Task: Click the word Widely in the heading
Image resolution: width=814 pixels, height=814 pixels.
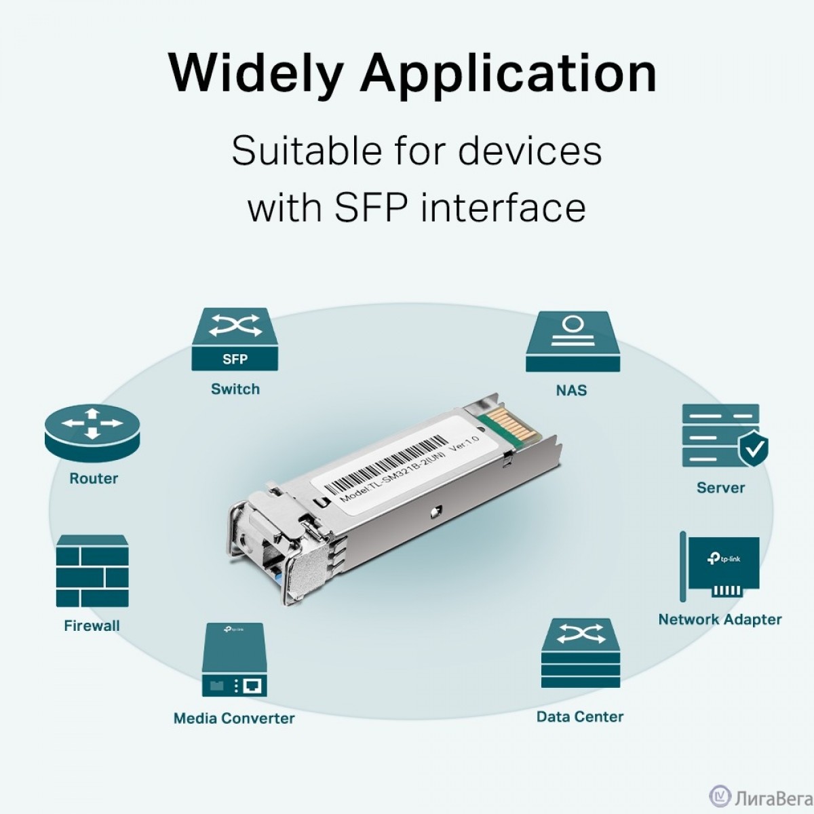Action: [255, 73]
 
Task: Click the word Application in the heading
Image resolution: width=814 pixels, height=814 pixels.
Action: [508, 73]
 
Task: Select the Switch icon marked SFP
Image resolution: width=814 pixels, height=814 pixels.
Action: [235, 339]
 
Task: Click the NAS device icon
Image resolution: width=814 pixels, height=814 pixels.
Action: [573, 342]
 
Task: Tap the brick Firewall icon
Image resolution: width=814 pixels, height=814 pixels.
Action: [92, 571]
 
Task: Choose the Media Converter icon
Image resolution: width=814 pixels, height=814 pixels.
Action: [235, 659]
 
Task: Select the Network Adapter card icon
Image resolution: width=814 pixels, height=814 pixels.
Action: [720, 566]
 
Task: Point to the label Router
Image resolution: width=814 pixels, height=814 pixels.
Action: [94, 479]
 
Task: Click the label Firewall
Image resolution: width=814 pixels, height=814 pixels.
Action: [92, 625]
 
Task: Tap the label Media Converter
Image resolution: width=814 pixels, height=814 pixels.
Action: [234, 718]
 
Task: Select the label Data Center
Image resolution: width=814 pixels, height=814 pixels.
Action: [580, 716]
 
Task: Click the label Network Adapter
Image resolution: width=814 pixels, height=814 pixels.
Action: [720, 620]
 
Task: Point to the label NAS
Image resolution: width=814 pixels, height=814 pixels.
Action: [572, 390]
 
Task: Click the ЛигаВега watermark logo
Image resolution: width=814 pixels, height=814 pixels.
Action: [761, 796]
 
